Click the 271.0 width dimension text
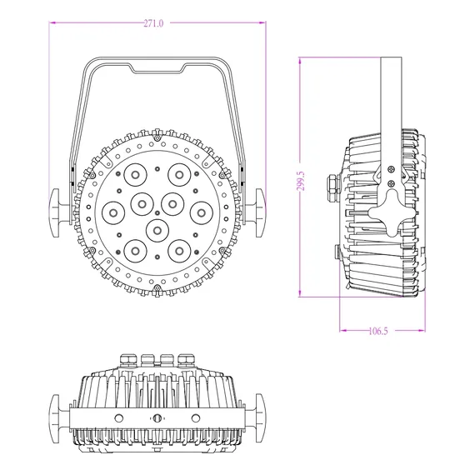pyautogui.click(x=153, y=24)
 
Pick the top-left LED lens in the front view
pyautogui.click(x=133, y=175)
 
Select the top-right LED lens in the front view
pyautogui.click(x=179, y=175)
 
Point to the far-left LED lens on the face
pyautogui.click(x=111, y=212)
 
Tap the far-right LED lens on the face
pyautogui.click(x=201, y=212)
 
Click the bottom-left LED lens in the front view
pyautogui.click(x=133, y=249)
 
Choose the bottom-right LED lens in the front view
pyautogui.click(x=179, y=249)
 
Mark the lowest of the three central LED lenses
pyautogui.click(x=156, y=227)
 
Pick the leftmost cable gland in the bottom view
pyautogui.click(x=127, y=360)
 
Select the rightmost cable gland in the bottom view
pyautogui.click(x=185, y=360)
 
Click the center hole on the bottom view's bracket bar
pyautogui.click(x=157, y=417)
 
